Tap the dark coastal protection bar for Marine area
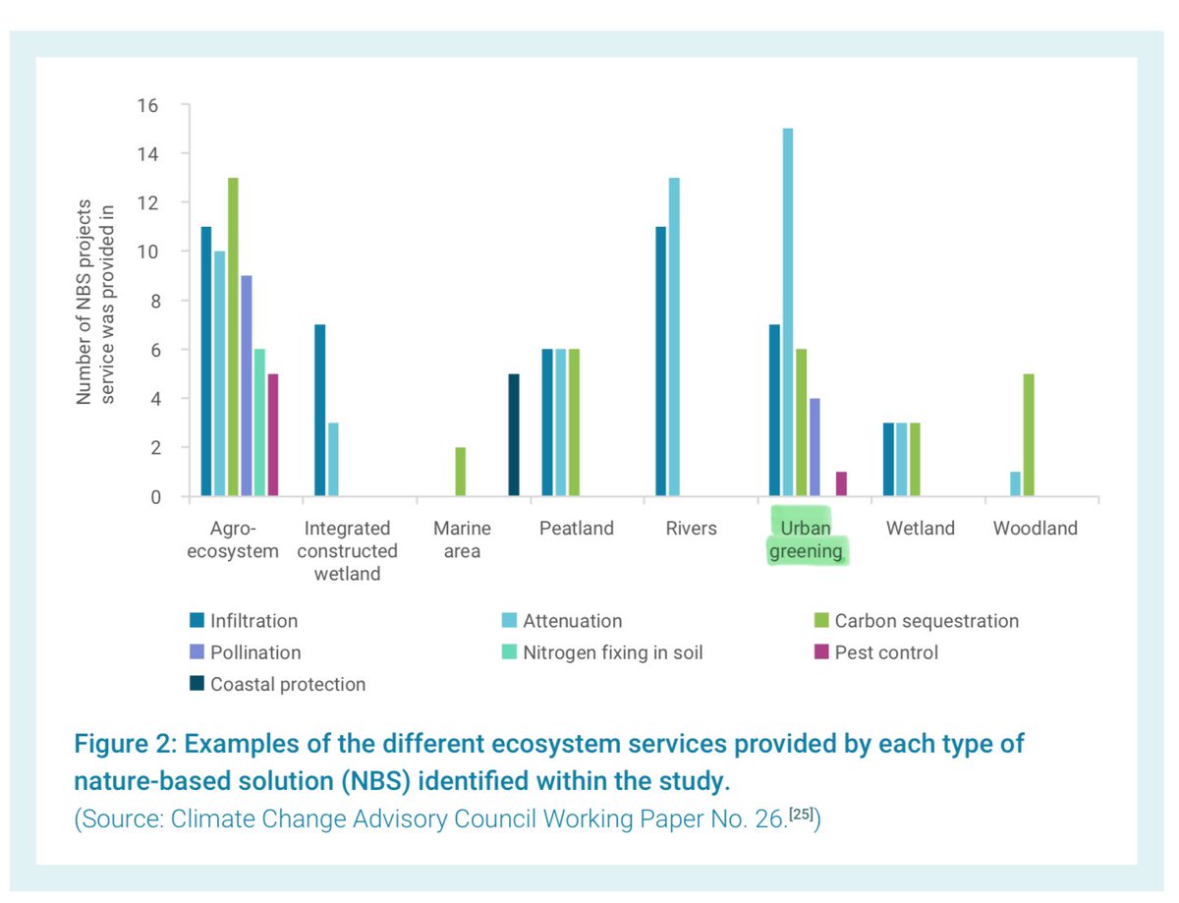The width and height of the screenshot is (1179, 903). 514,435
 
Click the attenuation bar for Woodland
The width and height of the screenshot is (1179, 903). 1016,484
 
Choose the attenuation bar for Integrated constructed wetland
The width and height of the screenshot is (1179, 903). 333,460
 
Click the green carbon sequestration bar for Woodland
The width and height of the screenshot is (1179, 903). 1029,435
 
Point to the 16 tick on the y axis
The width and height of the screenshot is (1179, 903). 148,105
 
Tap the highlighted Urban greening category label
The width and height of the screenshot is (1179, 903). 807,539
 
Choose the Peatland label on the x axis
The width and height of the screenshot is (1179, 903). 576,529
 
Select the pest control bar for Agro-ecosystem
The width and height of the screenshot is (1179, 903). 274,435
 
